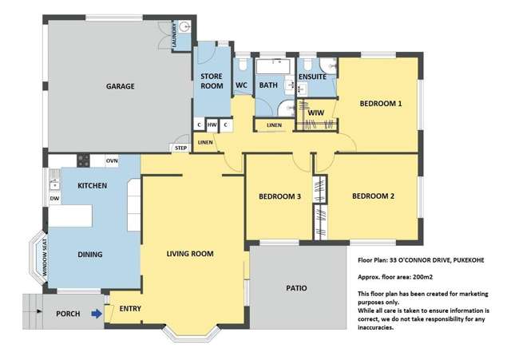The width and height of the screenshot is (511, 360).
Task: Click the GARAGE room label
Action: (121, 86)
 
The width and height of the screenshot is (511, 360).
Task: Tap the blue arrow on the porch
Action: (97, 314)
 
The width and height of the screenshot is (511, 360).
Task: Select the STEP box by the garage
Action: (180, 148)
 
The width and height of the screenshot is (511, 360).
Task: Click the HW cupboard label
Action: (212, 125)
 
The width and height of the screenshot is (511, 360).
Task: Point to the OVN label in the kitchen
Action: (112, 160)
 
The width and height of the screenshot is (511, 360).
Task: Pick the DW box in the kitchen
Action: (55, 199)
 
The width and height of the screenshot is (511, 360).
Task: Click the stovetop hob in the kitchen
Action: (83, 160)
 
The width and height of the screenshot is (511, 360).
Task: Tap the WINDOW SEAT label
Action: (45, 258)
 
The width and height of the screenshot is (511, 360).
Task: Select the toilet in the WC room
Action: (243, 65)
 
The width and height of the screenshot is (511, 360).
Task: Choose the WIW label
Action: (316, 113)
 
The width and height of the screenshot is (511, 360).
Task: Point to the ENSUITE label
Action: (312, 77)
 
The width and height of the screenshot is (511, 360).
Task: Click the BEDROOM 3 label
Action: (279, 196)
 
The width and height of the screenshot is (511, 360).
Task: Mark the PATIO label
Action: (296, 288)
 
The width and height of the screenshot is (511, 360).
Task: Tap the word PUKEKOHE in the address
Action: (469, 260)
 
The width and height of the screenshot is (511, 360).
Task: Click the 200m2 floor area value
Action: (422, 277)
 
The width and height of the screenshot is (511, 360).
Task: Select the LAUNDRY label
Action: (174, 35)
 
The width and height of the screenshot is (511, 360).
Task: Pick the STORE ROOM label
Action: (212, 81)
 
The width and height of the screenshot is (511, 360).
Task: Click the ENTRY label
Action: (130, 309)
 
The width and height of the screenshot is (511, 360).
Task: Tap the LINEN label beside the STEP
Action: (205, 142)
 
